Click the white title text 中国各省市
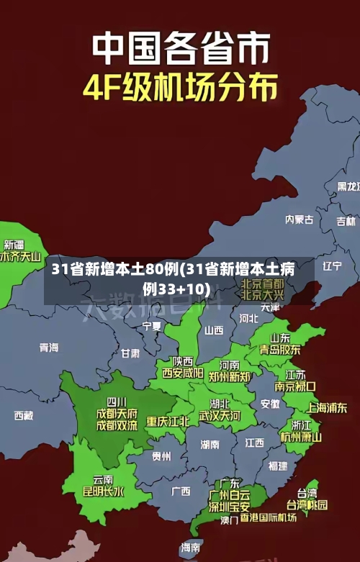[180, 49]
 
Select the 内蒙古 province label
[300, 199]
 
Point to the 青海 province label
[49, 348]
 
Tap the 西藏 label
[24, 415]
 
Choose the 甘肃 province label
[130, 353]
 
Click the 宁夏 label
[152, 326]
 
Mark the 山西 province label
[214, 330]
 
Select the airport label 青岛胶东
[280, 350]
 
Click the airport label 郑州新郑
[230, 376]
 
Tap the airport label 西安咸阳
[182, 373]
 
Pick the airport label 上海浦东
[328, 407]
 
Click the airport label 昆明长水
[103, 492]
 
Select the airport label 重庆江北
[168, 421]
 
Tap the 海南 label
[191, 548]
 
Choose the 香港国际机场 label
[269, 517]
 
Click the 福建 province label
[278, 466]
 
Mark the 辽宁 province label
[332, 266]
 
